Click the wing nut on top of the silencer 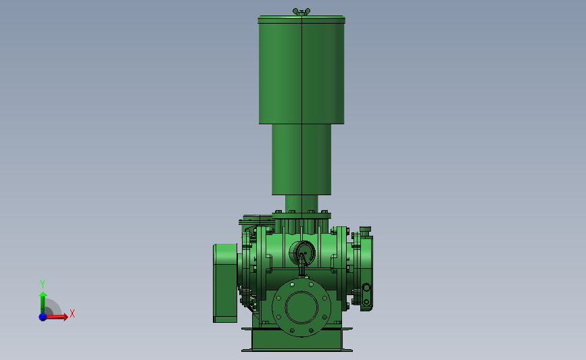[301, 12]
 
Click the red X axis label [72, 313]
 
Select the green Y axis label [42, 284]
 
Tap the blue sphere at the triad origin [43, 317]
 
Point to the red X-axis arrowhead [66, 317]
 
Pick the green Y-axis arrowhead [43, 295]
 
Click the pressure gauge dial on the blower [302, 253]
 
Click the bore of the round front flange [301, 307]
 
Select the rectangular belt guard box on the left [225, 283]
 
